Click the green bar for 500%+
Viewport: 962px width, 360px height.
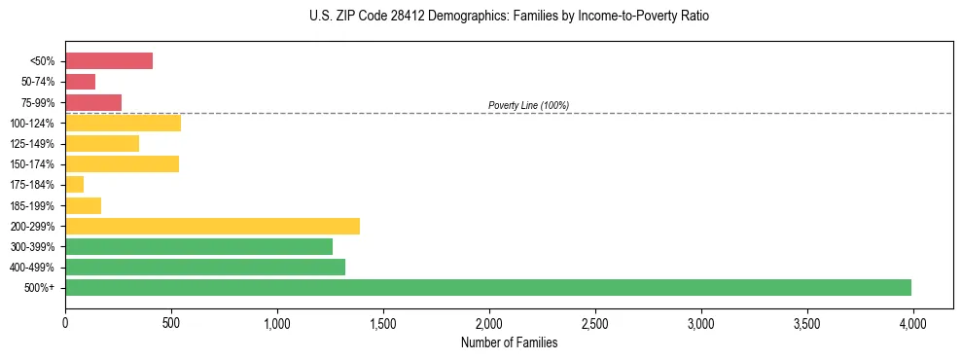488,287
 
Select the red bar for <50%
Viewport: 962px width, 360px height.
109,61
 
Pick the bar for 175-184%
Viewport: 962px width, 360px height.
75,185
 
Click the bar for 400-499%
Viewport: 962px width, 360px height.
205,267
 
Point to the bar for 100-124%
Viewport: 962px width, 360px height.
123,124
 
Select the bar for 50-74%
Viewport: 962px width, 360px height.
81,82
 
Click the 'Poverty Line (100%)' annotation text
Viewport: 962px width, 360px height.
528,105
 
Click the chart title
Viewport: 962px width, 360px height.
481,17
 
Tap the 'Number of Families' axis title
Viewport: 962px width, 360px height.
509,342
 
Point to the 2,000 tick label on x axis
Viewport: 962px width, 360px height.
489,323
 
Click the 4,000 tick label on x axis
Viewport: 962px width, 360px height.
912,323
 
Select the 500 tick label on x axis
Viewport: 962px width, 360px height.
171,323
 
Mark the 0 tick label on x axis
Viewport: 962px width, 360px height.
65,323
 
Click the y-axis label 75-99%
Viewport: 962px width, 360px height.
37,103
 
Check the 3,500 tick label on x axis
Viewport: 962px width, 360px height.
806,323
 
